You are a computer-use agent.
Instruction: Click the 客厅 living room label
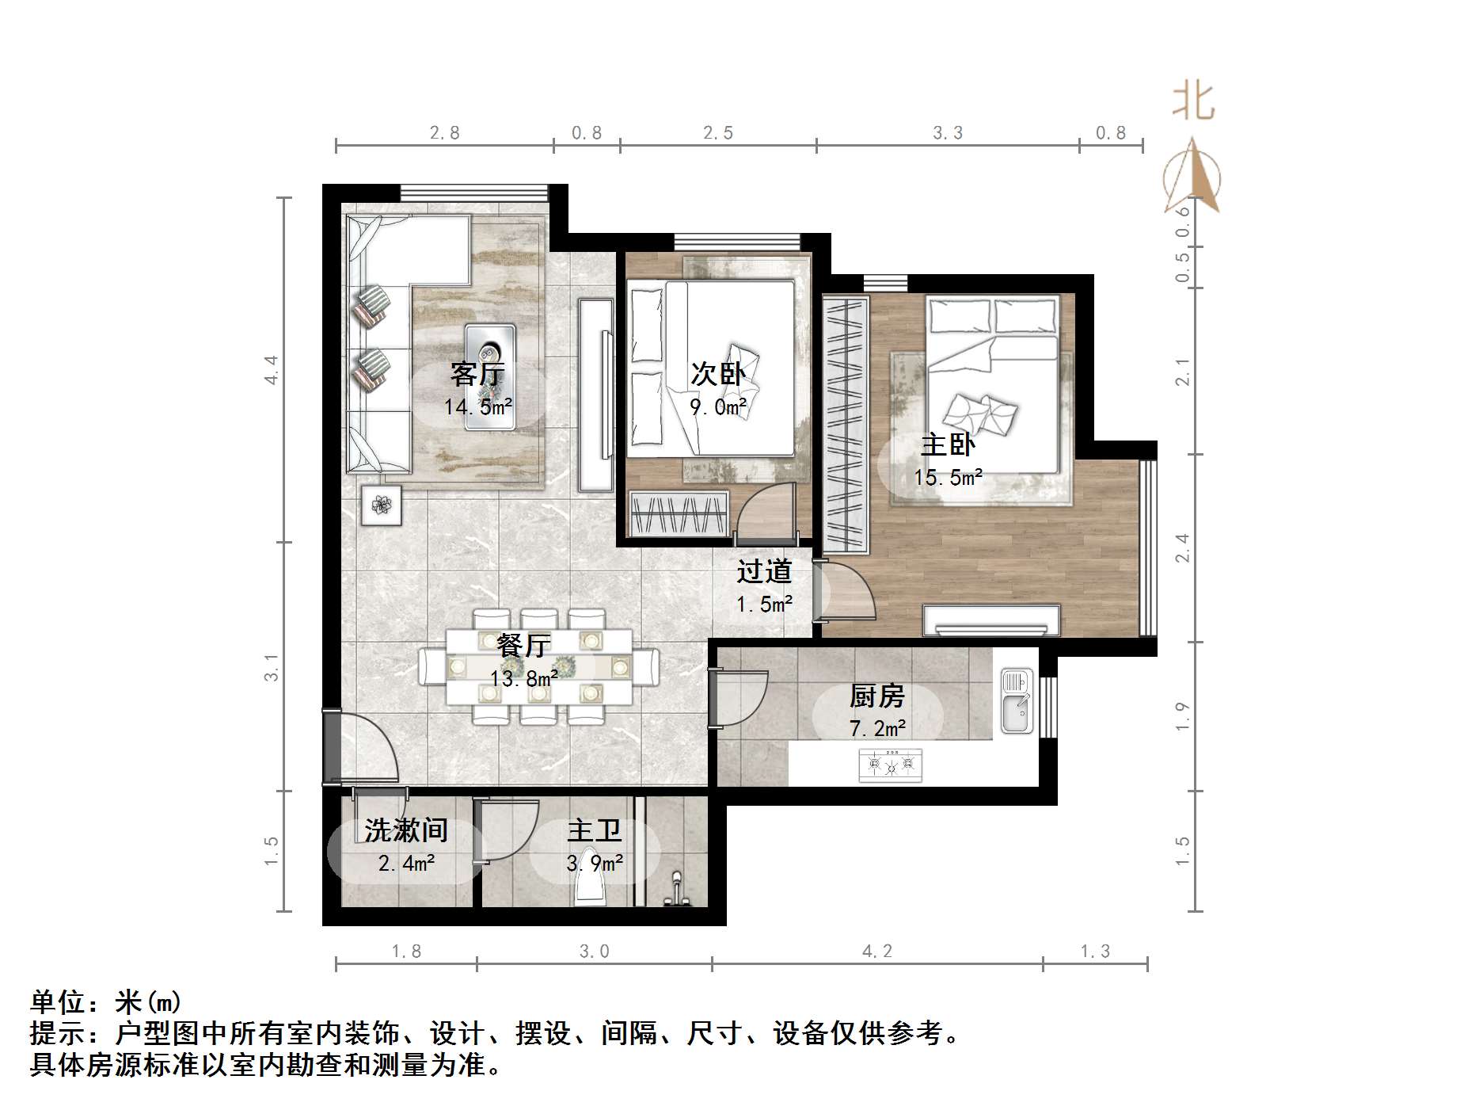pyautogui.click(x=477, y=373)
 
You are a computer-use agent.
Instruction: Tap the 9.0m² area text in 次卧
pyautogui.click(x=717, y=407)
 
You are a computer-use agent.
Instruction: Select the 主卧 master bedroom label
pyautogui.click(x=948, y=444)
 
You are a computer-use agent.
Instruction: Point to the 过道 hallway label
pyautogui.click(x=764, y=571)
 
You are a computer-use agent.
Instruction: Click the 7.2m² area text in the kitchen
pyautogui.click(x=878, y=727)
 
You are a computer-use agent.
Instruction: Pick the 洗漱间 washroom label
pyautogui.click(x=406, y=830)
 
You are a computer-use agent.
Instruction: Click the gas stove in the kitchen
pyautogui.click(x=891, y=765)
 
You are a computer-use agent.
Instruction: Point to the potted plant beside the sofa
pyautogui.click(x=382, y=505)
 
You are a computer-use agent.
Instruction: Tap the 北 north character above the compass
pyautogui.click(x=1193, y=102)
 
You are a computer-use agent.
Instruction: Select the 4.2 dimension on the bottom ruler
pyautogui.click(x=876, y=951)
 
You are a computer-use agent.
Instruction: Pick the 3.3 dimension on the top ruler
pyautogui.click(x=947, y=133)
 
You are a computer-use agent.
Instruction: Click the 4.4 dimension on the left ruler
pyautogui.click(x=272, y=369)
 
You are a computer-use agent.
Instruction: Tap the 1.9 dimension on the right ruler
pyautogui.click(x=1182, y=716)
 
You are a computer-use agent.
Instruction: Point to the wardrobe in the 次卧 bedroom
pyautogui.click(x=679, y=513)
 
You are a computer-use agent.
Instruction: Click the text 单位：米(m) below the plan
pyautogui.click(x=107, y=1003)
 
